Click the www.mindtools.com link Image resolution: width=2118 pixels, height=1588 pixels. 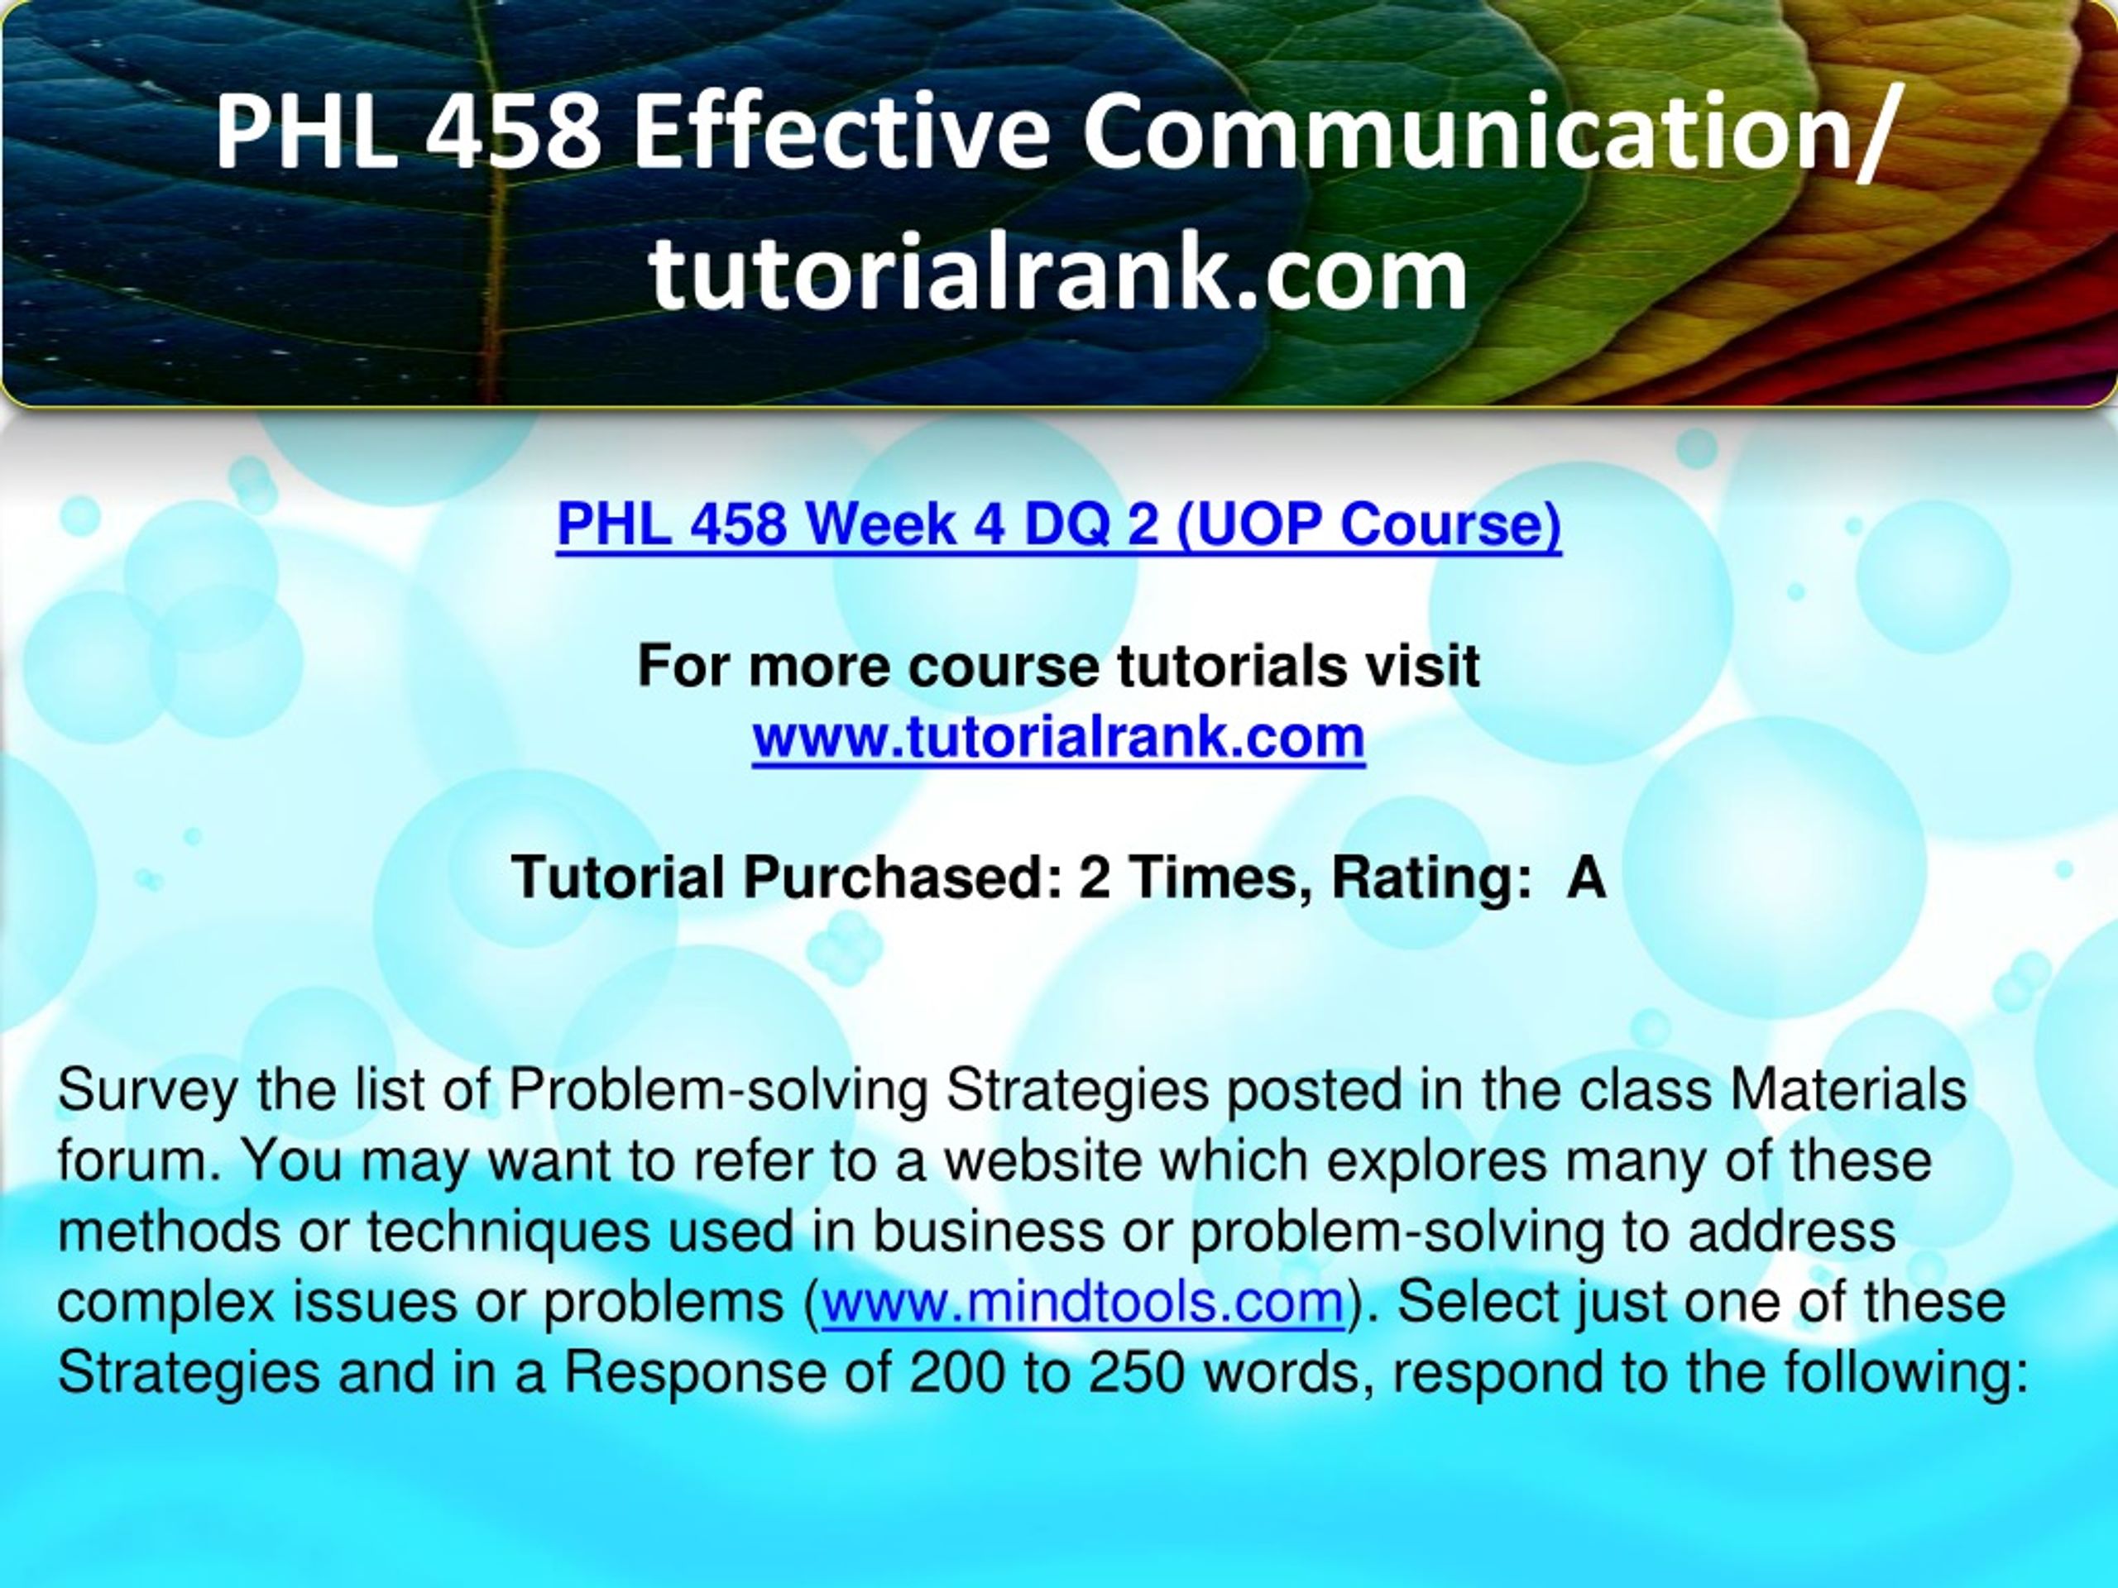tap(1083, 1303)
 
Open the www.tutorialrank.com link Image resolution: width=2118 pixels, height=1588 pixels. tap(1059, 737)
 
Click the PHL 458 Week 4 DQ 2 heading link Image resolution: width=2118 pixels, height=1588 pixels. tap(1059, 525)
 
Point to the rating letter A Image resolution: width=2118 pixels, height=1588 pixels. tap(1586, 878)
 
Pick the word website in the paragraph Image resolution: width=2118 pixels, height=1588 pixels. tap(1045, 1161)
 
